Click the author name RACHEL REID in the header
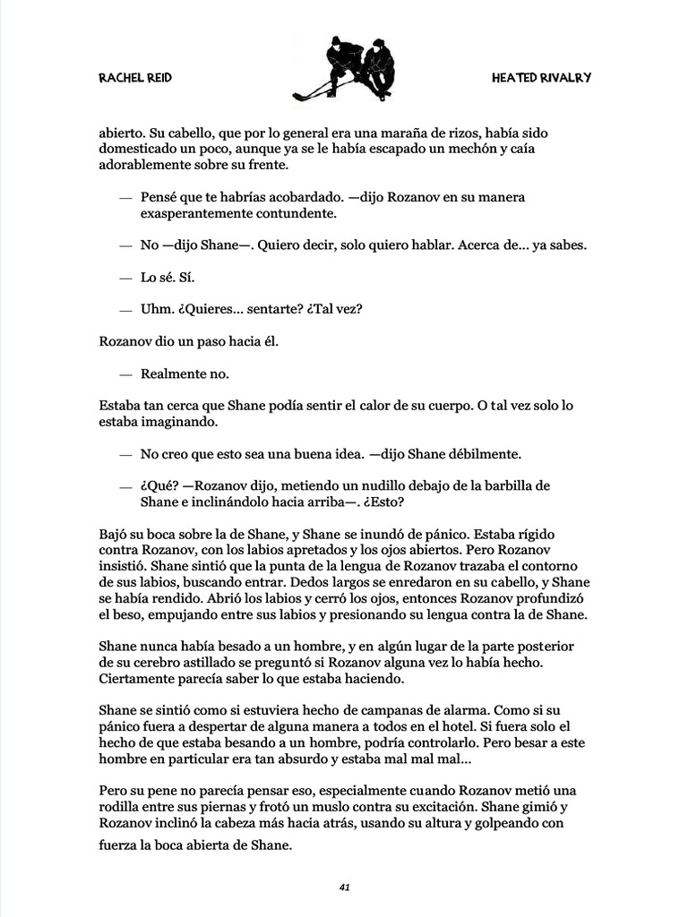(135, 78)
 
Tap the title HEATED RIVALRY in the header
(541, 78)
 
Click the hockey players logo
(345, 70)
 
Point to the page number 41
(344, 887)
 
